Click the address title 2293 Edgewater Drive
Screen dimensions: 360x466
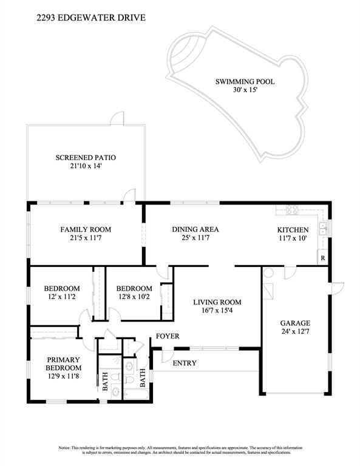pos(91,18)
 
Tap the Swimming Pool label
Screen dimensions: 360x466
pos(245,81)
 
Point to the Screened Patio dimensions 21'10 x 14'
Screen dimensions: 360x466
pos(86,166)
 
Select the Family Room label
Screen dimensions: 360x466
pos(86,229)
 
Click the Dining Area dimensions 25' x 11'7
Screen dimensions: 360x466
pos(195,238)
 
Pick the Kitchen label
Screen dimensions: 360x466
pos(293,230)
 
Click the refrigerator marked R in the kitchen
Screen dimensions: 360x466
pos(322,258)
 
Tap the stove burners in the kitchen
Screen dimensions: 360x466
pos(291,209)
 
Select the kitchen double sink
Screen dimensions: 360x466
pos(322,229)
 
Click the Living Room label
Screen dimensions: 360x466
pos(217,302)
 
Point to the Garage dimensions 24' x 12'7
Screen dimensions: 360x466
pos(295,331)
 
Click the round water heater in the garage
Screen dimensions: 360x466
pos(268,272)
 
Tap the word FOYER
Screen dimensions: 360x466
pos(168,336)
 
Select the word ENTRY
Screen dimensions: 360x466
pos(185,363)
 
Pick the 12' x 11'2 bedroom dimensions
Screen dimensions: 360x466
pos(62,297)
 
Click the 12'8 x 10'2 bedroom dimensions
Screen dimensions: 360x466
pos(134,297)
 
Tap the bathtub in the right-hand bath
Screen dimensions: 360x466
pos(136,394)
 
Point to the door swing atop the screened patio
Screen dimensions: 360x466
pos(117,118)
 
